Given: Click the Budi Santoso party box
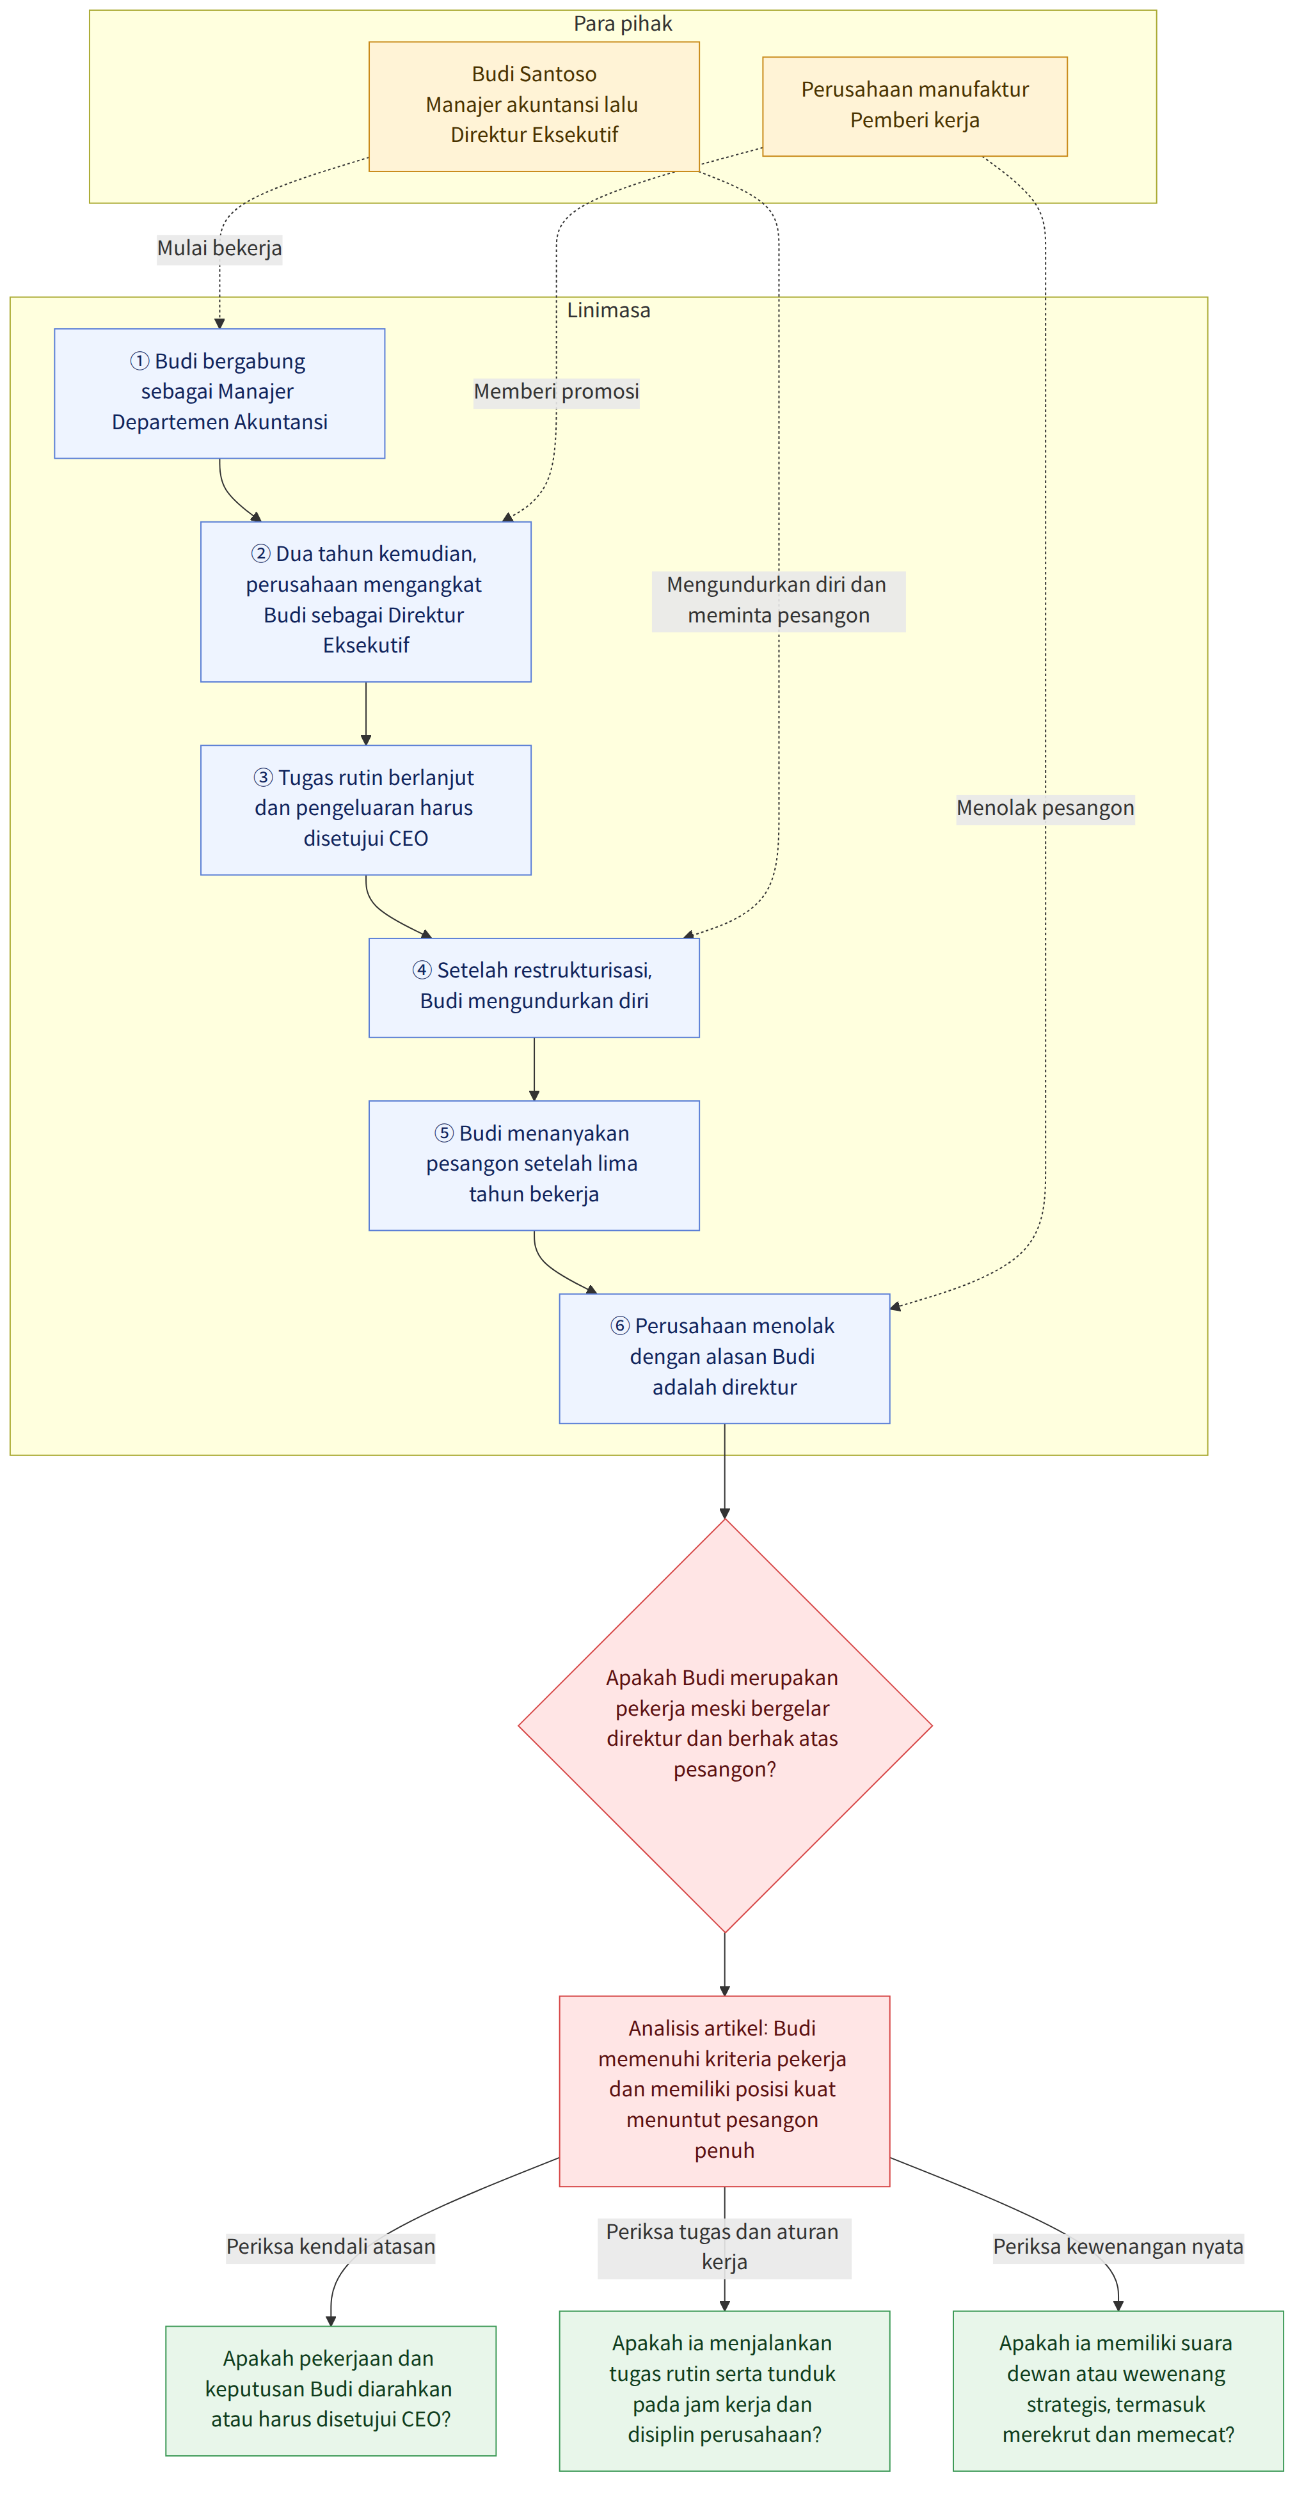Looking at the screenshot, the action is point(534,106).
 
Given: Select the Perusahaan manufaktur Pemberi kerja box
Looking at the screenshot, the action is point(914,106).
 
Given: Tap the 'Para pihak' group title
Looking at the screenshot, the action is point(623,23).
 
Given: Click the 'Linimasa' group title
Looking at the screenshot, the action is point(608,310).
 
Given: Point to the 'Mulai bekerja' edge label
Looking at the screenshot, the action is point(219,248).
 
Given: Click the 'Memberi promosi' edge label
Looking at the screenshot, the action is point(557,392).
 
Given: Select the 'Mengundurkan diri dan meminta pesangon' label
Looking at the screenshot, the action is point(778,601).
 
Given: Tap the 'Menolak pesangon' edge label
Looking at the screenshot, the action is point(1045,809).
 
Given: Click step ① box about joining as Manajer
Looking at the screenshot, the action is point(219,393).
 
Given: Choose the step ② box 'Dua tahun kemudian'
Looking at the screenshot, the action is point(366,602).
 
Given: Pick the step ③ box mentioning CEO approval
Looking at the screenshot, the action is point(366,809).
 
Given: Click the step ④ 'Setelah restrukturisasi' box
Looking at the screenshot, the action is point(534,987).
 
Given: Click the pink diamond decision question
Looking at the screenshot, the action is point(724,1725).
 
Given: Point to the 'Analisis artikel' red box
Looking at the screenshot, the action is point(724,2091).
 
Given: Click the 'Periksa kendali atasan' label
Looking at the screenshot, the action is point(330,2247).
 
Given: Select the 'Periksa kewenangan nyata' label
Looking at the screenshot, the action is point(1118,2247).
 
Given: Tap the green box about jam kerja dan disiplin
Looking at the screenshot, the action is point(724,2389).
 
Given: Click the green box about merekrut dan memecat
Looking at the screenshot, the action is point(1118,2389).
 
